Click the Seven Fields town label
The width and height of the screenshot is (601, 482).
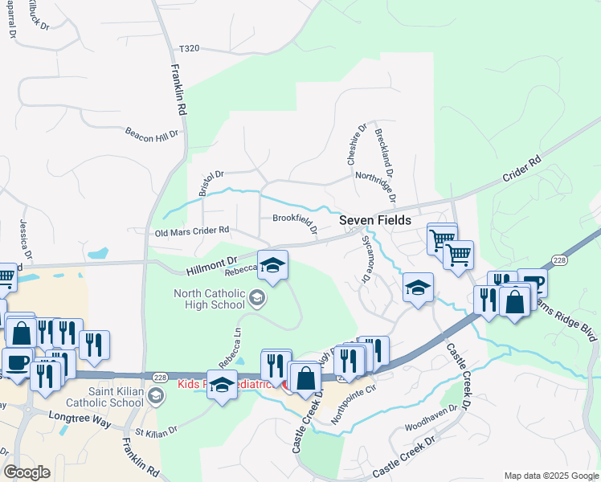click(374, 220)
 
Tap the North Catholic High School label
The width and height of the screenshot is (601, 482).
click(209, 299)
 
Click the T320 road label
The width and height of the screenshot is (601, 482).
click(189, 48)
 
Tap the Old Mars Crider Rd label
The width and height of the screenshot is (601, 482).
click(192, 231)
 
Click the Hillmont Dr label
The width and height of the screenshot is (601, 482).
click(210, 263)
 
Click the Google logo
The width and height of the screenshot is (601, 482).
click(27, 472)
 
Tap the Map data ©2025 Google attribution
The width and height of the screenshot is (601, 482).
click(550, 476)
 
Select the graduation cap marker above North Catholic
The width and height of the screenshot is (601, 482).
click(272, 264)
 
